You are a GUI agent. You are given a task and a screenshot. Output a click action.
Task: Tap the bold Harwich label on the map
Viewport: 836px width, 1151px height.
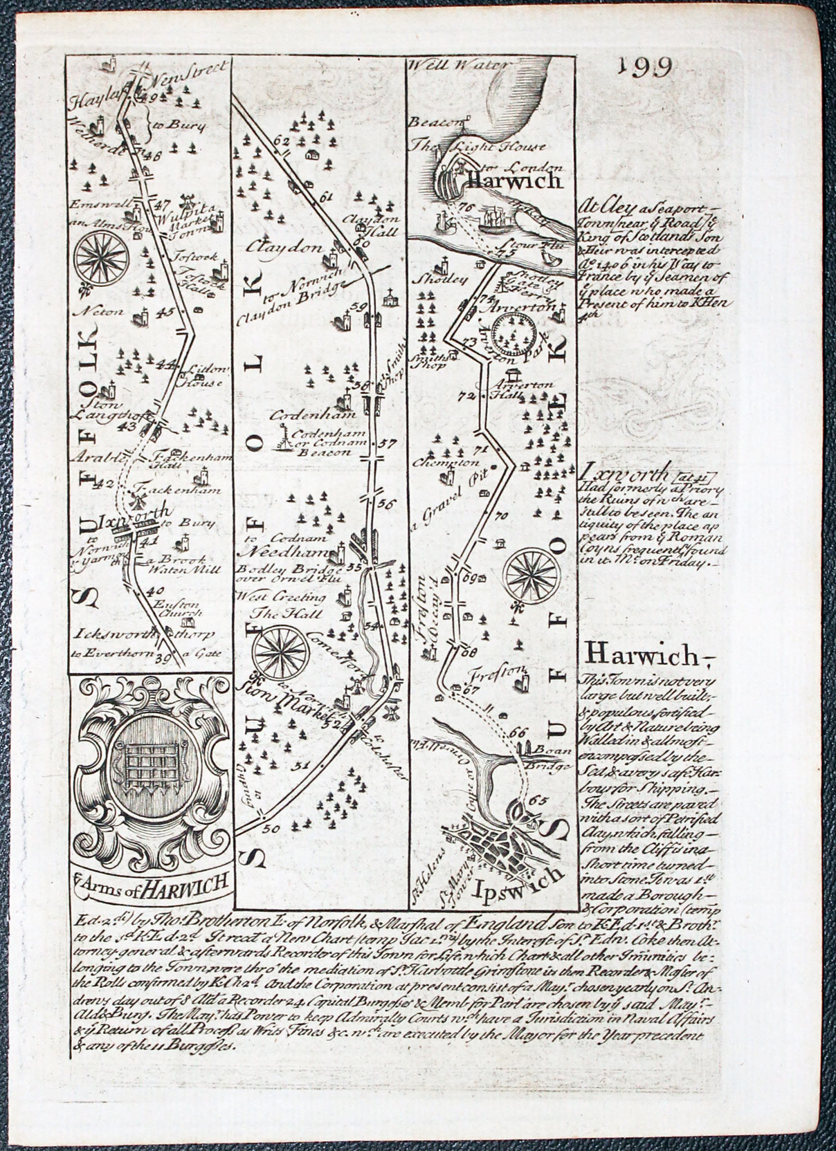(513, 181)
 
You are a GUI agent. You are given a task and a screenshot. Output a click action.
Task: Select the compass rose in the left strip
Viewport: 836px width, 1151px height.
(100, 255)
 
